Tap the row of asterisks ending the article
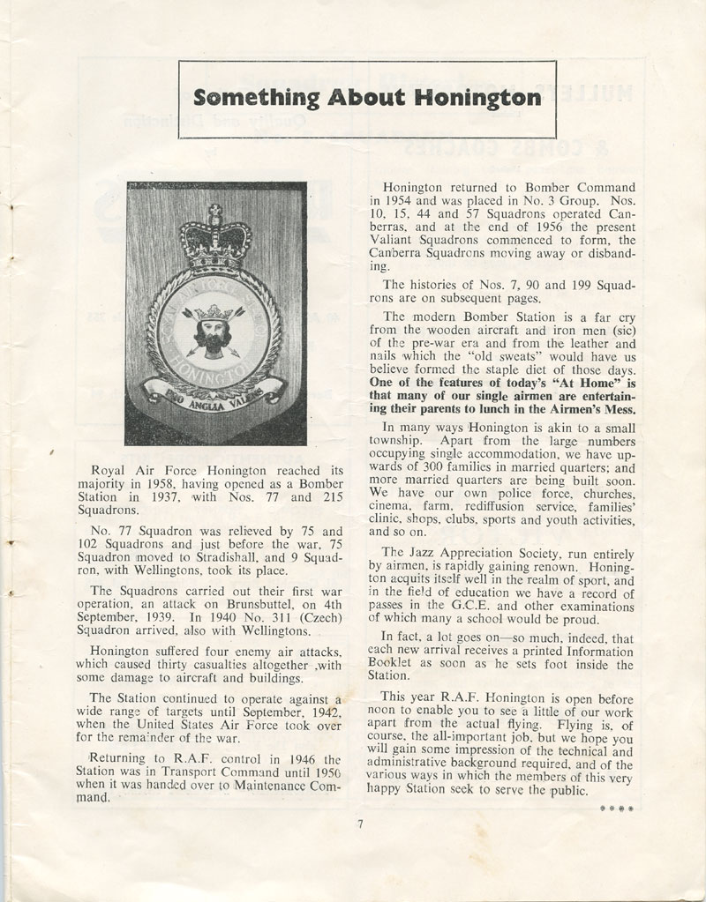tap(616, 808)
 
